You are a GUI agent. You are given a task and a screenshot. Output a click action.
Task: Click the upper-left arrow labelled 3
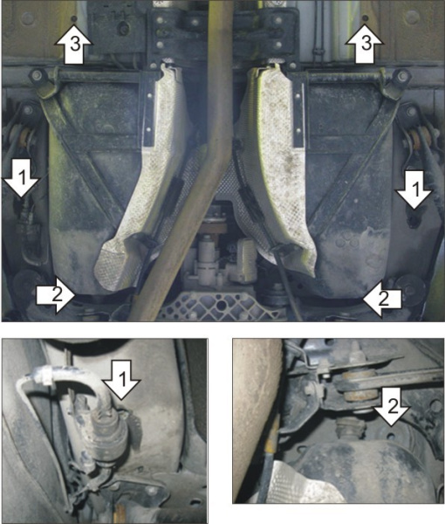[x=72, y=44]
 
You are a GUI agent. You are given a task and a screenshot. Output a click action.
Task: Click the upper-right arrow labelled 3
[x=364, y=44]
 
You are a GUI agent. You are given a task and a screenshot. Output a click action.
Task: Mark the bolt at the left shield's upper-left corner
[x=40, y=77]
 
